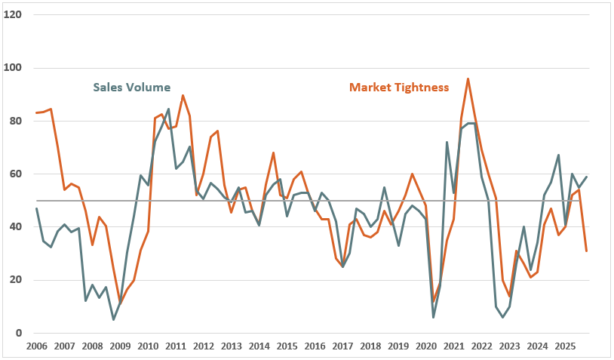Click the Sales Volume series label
tap(131, 87)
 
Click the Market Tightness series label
tap(398, 88)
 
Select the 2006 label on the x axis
tap(36, 346)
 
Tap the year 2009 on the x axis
tap(120, 346)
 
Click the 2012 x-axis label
tap(203, 346)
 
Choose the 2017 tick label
tap(342, 346)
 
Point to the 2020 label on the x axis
tap(425, 346)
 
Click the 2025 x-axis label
tap(565, 346)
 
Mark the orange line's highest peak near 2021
tap(468, 78)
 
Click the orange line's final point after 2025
tap(586, 251)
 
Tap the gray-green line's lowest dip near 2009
tap(113, 319)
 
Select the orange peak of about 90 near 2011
tap(183, 95)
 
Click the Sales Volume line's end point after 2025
tap(586, 177)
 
